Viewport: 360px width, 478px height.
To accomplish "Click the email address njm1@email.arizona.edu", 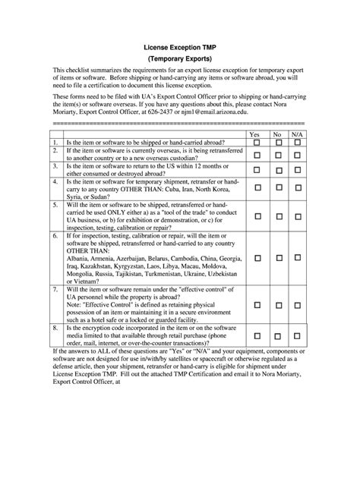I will pos(207,112).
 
